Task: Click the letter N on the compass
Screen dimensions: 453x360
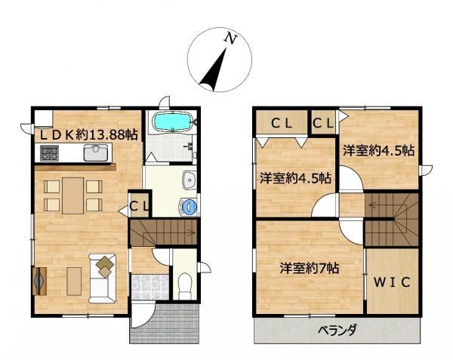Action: (x=231, y=38)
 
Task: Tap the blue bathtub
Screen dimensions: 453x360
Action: (x=171, y=122)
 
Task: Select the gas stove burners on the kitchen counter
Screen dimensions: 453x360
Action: (x=49, y=152)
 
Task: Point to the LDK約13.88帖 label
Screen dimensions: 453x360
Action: (x=88, y=134)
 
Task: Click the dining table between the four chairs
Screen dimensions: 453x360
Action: (x=72, y=195)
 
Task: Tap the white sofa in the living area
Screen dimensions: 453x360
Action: (x=103, y=278)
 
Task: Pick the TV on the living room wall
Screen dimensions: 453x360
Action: (x=39, y=281)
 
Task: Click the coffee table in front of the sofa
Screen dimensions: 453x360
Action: (x=74, y=282)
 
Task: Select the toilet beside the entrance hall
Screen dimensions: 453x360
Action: (x=185, y=286)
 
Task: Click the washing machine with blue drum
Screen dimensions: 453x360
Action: (x=188, y=207)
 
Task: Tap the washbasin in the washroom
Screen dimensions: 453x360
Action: (x=190, y=180)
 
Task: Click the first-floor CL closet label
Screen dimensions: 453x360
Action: (x=140, y=206)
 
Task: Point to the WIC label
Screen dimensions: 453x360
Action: (x=392, y=282)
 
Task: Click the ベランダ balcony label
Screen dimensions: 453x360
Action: (x=337, y=329)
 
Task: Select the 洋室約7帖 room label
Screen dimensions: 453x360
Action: (x=309, y=268)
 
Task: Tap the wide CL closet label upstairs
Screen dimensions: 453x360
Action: (x=282, y=124)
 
